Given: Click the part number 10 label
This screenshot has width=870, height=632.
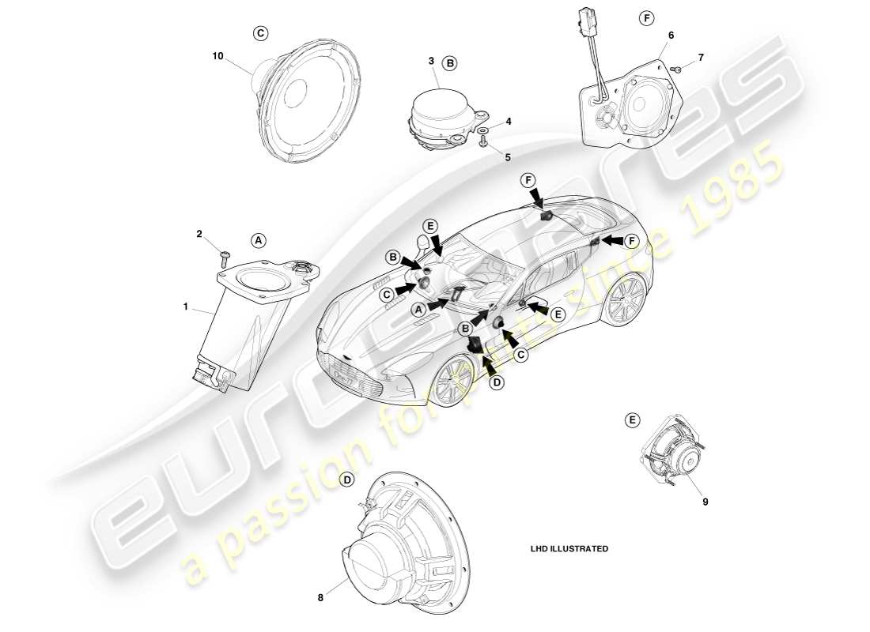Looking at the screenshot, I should [217, 56].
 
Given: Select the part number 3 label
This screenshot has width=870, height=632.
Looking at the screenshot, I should [431, 61].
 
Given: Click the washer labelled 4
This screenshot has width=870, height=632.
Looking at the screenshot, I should [483, 129].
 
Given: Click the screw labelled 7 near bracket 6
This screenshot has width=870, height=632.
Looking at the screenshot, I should [677, 70].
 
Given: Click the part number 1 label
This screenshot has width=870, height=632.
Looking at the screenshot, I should [186, 305].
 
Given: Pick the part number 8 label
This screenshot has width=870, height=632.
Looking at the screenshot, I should [320, 598].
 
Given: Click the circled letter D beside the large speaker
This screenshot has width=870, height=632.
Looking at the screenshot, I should [346, 480].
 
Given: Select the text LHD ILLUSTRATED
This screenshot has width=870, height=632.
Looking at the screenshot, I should [569, 548].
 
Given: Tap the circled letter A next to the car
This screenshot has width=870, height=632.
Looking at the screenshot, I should [418, 310].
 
